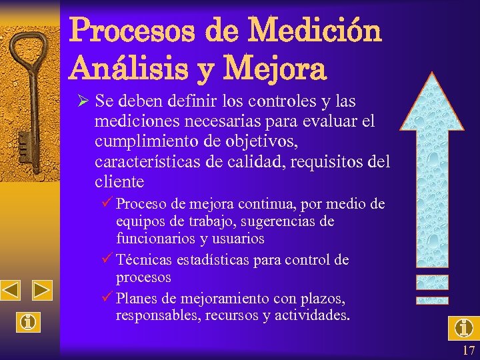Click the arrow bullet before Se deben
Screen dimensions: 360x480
(83, 101)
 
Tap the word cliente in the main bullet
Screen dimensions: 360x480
(119, 182)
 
